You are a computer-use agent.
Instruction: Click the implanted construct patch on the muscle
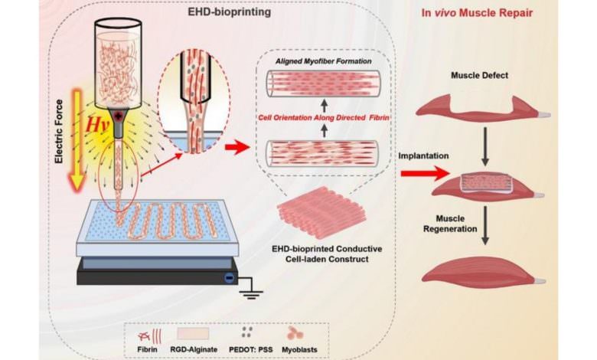point(484,182)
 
